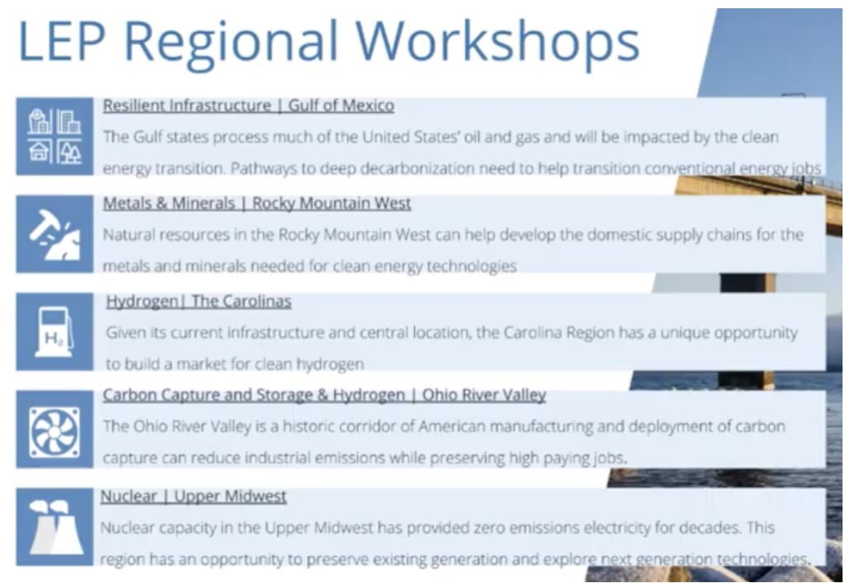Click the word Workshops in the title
[x=498, y=41]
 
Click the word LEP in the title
[x=61, y=41]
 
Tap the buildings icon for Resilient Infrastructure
[x=54, y=136]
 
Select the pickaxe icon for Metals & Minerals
[x=54, y=234]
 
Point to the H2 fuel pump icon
[x=54, y=331]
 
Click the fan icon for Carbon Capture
[x=54, y=430]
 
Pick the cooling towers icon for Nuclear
[x=54, y=527]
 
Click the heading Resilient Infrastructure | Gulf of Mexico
[x=248, y=106]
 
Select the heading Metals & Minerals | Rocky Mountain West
[x=257, y=204]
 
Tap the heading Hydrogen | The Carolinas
[x=199, y=302]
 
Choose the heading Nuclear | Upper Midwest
[x=193, y=496]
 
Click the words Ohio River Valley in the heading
[x=484, y=395]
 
